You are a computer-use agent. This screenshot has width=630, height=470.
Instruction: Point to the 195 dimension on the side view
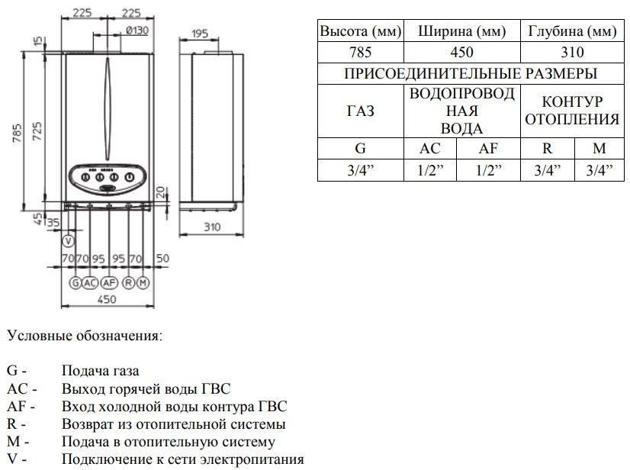pyautogui.click(x=201, y=33)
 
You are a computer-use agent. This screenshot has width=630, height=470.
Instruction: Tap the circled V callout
pyautogui.click(x=69, y=242)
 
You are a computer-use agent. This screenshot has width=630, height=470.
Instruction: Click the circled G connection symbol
pyautogui.click(x=75, y=282)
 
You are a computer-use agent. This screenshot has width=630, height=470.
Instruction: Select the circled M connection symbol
pyautogui.click(x=142, y=282)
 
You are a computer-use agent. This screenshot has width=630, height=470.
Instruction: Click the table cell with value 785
pyautogui.click(x=360, y=52)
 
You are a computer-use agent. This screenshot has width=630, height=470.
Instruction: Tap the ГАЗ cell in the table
pyautogui.click(x=360, y=111)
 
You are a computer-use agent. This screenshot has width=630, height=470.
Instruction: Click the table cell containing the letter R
pyautogui.click(x=547, y=150)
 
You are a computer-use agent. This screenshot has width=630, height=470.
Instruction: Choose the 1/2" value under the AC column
pyautogui.click(x=430, y=170)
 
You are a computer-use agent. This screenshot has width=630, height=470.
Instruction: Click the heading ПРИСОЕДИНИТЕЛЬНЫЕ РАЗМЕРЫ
pyautogui.click(x=470, y=73)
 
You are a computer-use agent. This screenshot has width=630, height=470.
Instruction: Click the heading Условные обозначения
pyautogui.click(x=84, y=336)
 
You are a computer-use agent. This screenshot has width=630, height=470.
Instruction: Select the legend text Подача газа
pyautogui.click(x=101, y=372)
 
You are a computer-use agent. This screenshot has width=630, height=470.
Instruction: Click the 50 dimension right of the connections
pyautogui.click(x=162, y=259)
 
